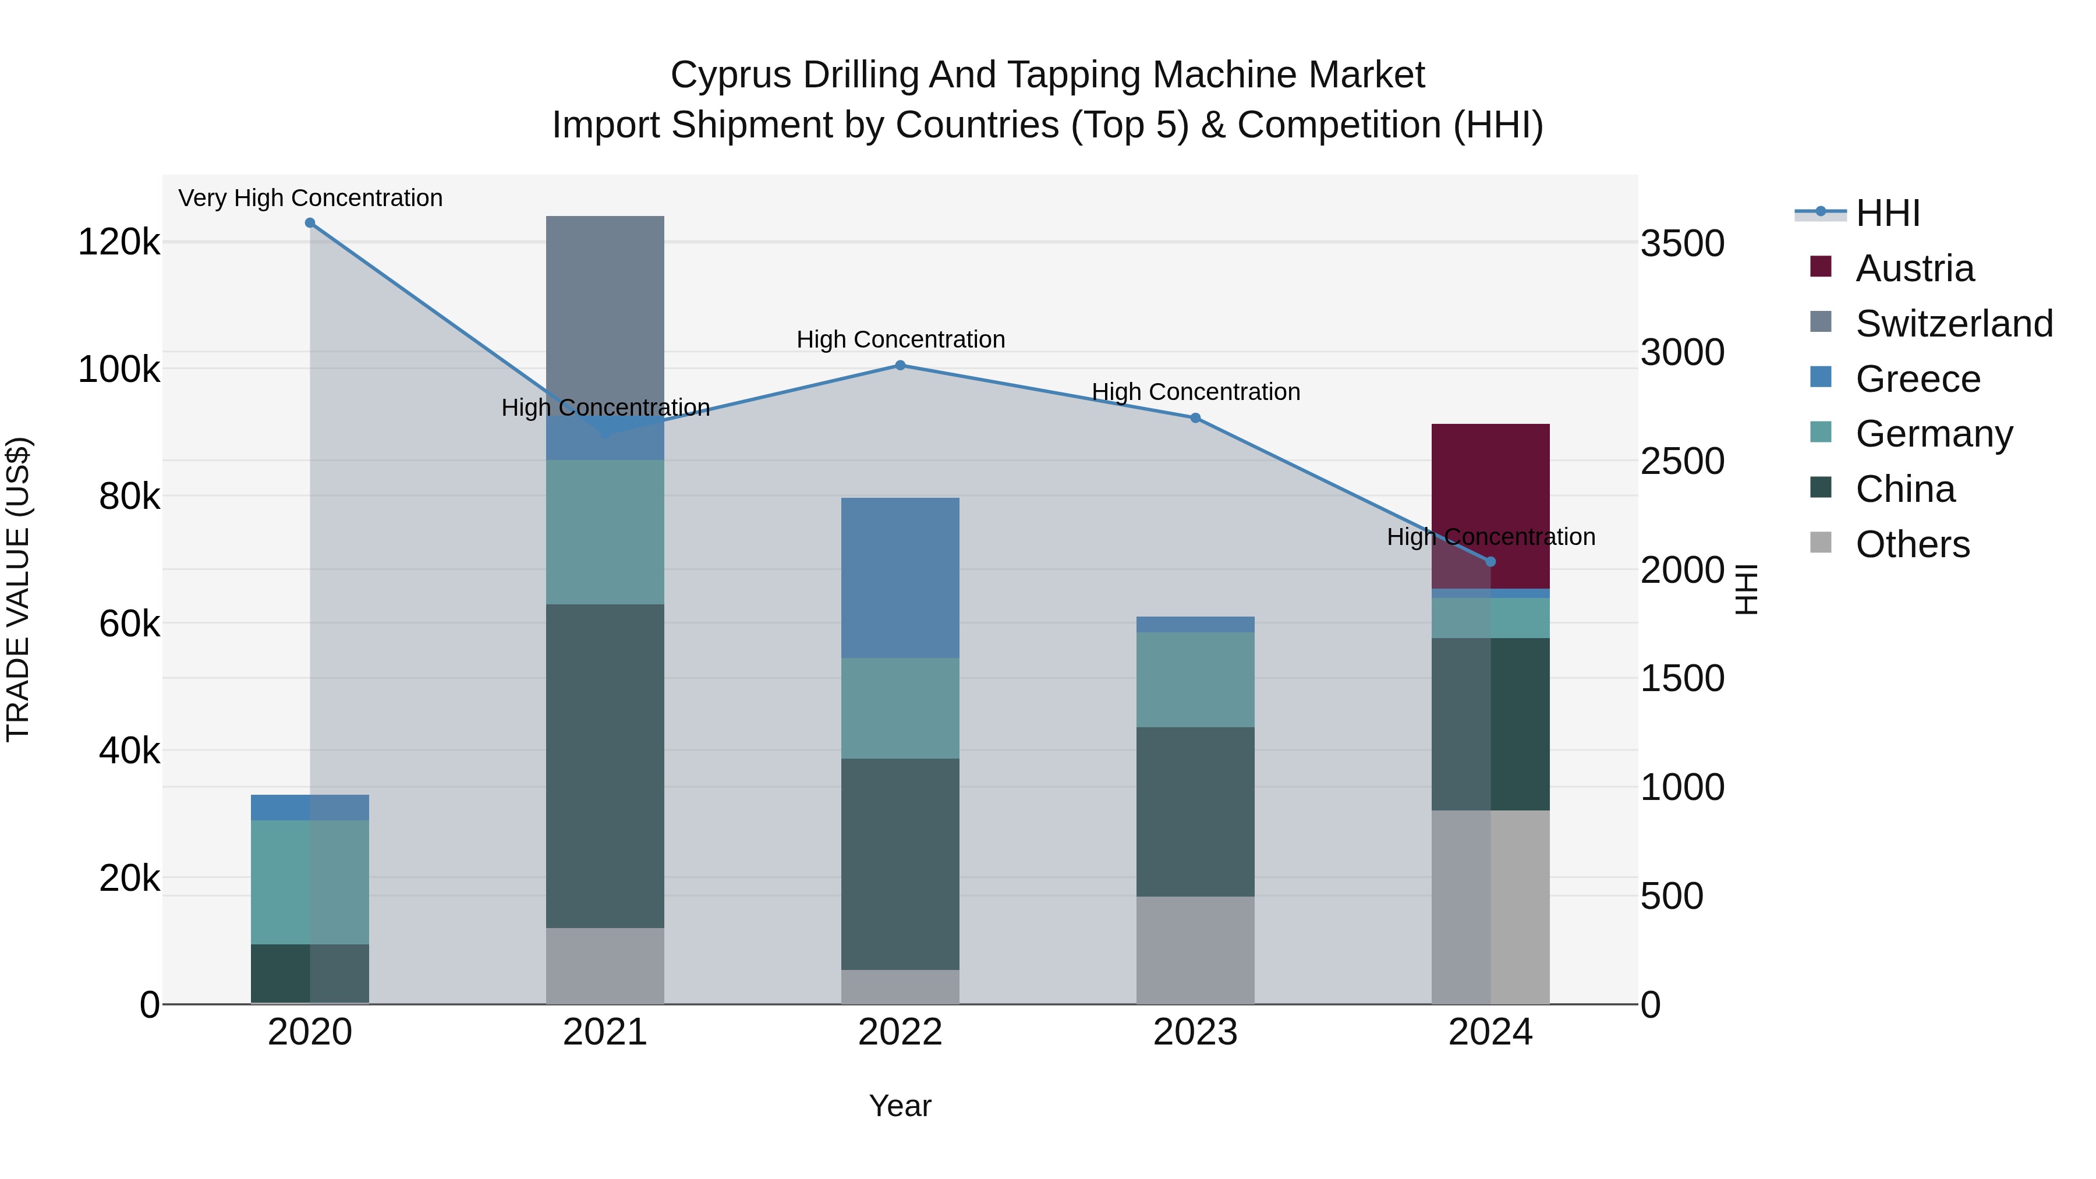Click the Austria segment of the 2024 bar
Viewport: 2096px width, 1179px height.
(1490, 488)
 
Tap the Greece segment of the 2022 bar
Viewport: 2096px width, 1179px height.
(900, 578)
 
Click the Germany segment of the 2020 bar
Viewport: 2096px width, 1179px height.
(309, 882)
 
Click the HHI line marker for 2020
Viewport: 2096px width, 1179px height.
(309, 223)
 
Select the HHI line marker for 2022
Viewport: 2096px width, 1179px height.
(900, 365)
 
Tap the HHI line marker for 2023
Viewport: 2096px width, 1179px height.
(1195, 418)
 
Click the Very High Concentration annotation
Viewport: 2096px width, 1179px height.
(310, 199)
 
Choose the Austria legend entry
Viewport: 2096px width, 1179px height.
(1914, 268)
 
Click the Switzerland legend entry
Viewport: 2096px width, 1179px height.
(1953, 324)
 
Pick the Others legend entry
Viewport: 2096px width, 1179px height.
(1912, 544)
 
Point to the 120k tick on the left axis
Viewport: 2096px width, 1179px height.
(119, 242)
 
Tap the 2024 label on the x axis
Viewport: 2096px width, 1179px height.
(1490, 1032)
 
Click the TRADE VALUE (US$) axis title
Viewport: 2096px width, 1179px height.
(18, 589)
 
